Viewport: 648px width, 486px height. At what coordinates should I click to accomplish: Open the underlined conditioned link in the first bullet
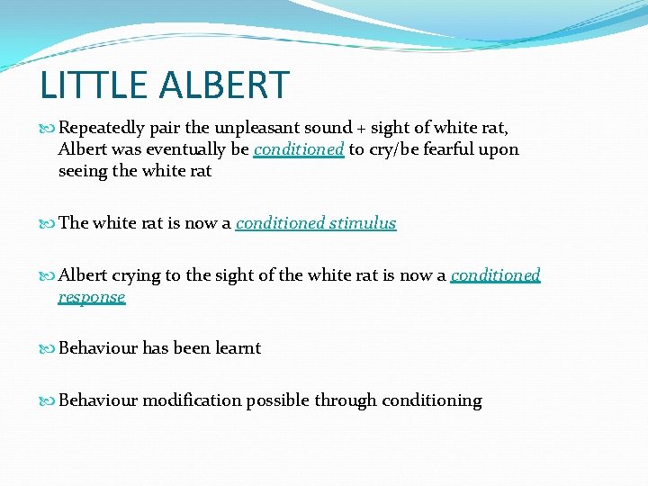299,149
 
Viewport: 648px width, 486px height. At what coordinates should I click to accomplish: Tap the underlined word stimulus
363,223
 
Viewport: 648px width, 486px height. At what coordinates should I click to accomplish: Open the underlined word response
92,297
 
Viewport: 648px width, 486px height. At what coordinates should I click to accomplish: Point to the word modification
191,400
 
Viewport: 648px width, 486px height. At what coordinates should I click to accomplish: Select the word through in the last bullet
346,400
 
